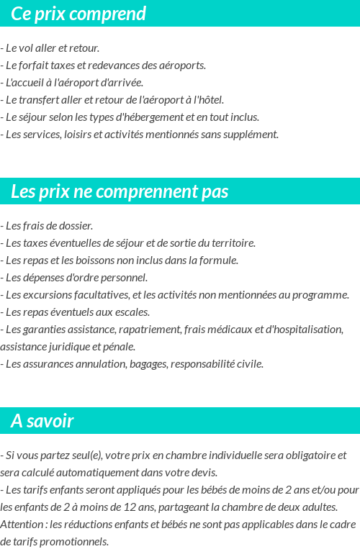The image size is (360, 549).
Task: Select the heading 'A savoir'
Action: pyautogui.click(x=42, y=421)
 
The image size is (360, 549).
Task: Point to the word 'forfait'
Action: pyautogui.click(x=33, y=65)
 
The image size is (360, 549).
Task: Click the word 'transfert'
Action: pyautogui.click(x=38, y=100)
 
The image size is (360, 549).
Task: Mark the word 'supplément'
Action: pyautogui.click(x=253, y=135)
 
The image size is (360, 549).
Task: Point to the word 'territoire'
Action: pyautogui.click(x=233, y=243)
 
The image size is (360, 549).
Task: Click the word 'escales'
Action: pyautogui.click(x=131, y=312)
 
